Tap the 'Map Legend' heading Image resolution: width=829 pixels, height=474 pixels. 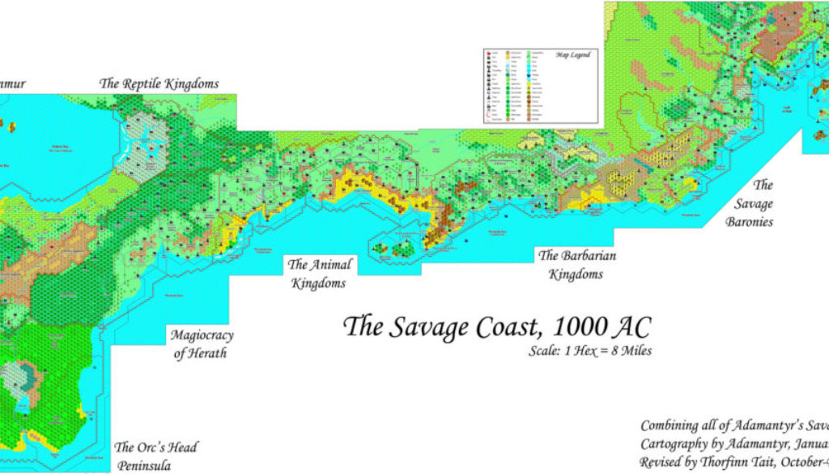tap(572, 55)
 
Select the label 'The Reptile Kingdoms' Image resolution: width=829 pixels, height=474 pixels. tap(159, 83)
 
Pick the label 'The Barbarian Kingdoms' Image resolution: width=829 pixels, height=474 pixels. tap(577, 265)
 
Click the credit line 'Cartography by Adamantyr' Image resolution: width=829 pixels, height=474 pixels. tap(733, 444)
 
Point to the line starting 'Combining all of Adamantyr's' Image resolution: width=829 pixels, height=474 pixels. tap(733, 425)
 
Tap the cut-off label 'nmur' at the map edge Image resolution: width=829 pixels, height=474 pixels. tap(13, 83)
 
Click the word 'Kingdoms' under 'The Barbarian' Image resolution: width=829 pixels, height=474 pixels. tap(576, 275)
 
